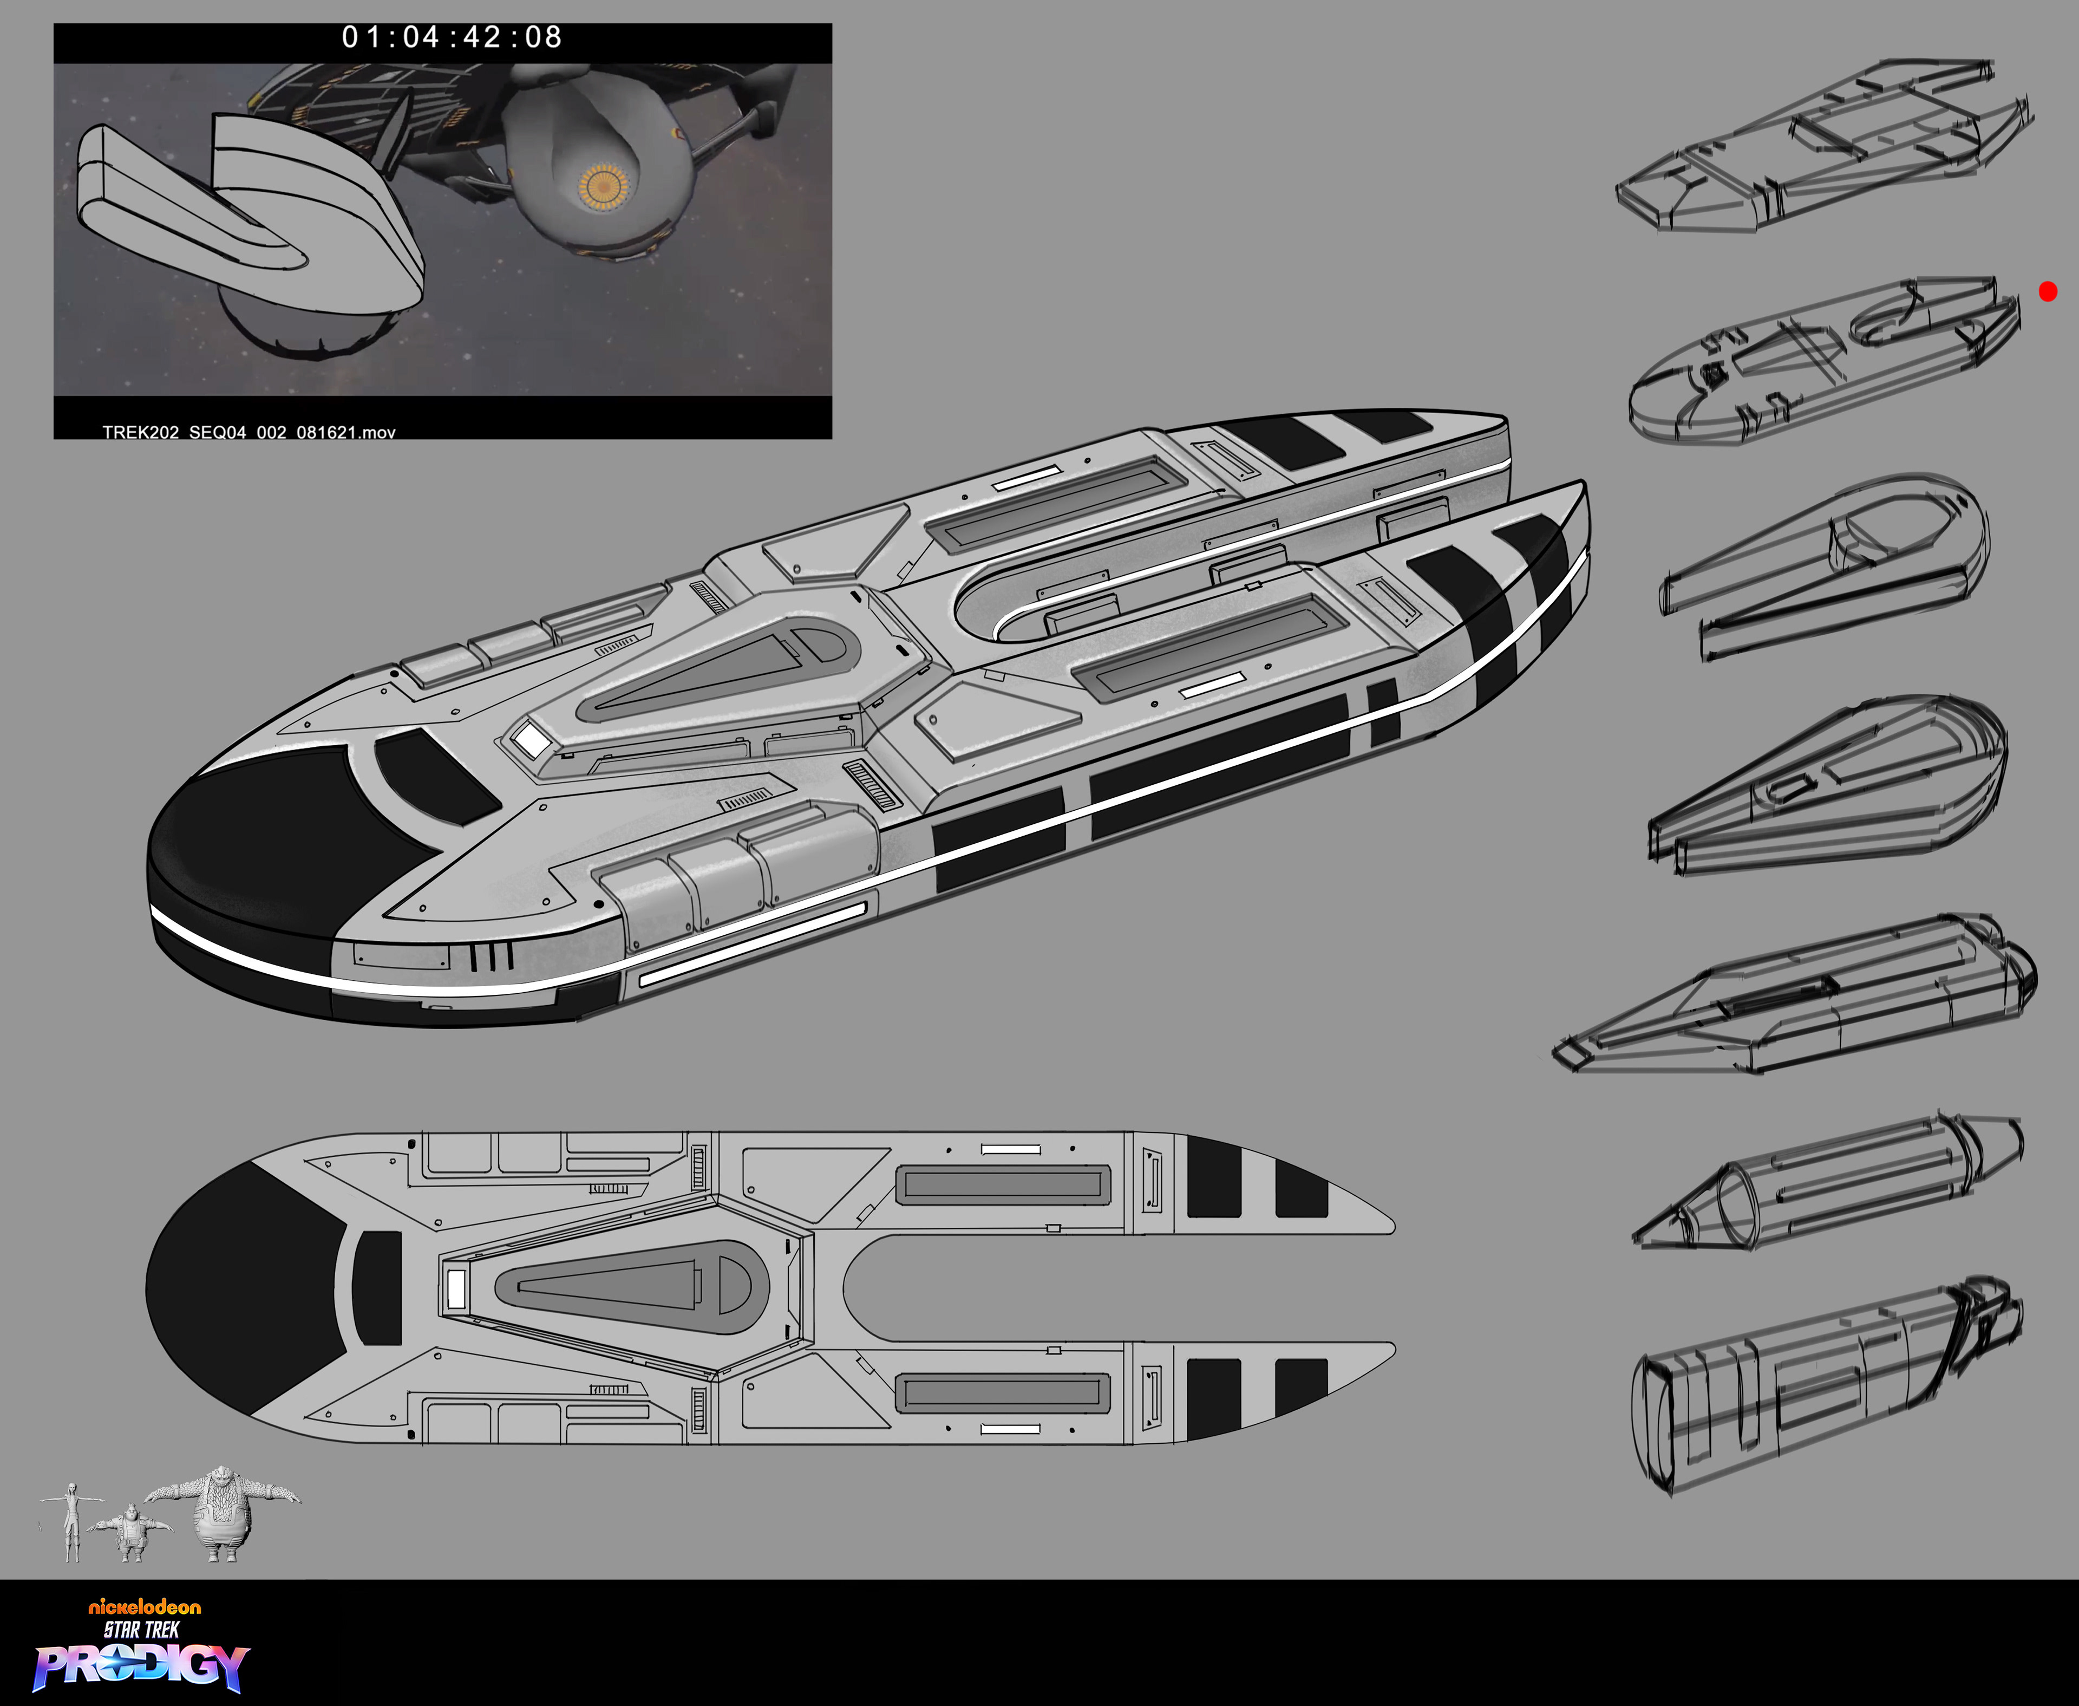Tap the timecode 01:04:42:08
(452, 37)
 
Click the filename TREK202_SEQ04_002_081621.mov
(249, 432)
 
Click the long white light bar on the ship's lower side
(751, 943)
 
